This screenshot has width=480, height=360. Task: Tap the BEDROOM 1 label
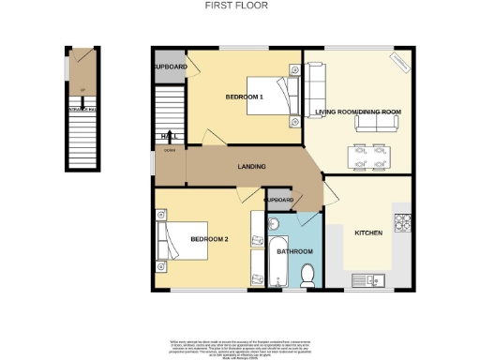click(x=245, y=97)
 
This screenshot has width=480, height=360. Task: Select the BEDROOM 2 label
click(x=209, y=239)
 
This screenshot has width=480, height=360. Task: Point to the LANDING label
click(x=251, y=167)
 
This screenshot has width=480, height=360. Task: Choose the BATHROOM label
click(x=294, y=252)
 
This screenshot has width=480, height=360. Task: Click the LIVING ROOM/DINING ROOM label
click(x=358, y=112)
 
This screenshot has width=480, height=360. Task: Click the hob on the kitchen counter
click(x=404, y=222)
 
